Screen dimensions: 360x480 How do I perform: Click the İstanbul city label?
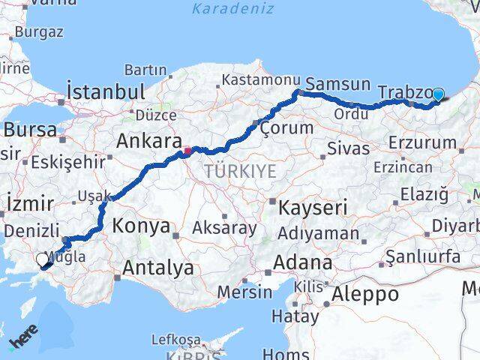point(106,91)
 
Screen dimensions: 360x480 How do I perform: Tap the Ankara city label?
point(149,142)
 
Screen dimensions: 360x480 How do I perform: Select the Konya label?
point(139,225)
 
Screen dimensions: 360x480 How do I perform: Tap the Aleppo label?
point(367,293)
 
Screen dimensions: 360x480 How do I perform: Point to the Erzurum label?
point(428,142)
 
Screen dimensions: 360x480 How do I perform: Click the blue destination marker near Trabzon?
point(438,94)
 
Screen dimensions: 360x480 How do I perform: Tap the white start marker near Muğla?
point(43,259)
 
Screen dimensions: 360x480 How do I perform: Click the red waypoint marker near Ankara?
point(187,151)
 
